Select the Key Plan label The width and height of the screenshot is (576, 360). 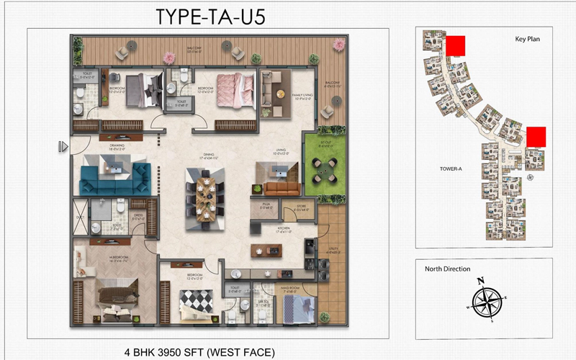[527, 39]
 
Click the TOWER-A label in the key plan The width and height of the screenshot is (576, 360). [450, 169]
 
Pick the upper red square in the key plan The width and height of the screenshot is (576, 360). [455, 45]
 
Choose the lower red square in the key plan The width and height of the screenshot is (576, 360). [536, 137]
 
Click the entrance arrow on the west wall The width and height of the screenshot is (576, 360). [64, 147]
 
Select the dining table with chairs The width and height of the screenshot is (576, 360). [204, 197]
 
